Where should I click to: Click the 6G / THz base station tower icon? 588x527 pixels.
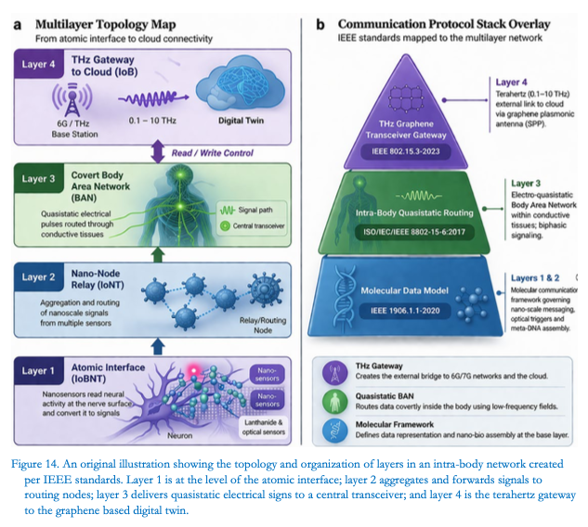coord(72,99)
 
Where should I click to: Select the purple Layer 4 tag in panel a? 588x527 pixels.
coord(39,64)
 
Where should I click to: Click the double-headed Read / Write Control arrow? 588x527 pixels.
coord(158,151)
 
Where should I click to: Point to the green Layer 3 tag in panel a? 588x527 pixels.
coord(39,179)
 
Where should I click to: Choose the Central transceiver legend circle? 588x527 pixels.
coord(225,225)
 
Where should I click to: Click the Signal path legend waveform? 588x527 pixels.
coord(228,210)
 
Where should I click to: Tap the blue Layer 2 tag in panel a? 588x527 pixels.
coord(39,277)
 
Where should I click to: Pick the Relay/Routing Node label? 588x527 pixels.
coord(263,325)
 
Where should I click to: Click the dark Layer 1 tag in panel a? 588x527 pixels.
coord(39,371)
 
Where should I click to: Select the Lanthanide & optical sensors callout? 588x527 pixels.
coord(264,427)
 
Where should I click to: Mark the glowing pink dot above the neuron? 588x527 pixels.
coord(194,370)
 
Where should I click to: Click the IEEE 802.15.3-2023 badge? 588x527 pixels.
coord(406,151)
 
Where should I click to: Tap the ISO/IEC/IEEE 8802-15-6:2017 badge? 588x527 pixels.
coord(414,232)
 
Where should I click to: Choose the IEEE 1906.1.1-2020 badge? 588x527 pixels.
coord(405,311)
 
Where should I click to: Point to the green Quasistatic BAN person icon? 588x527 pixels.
coord(334,402)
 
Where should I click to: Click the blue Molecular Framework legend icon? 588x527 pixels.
coord(334,431)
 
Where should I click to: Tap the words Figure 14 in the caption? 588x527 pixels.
coord(35,464)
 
